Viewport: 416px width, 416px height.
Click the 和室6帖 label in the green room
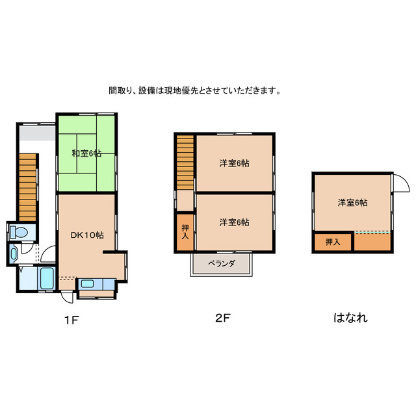pyautogui.click(x=86, y=153)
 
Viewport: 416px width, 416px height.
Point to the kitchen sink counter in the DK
pyautogui.click(x=96, y=283)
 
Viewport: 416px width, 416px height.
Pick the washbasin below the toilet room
pyautogui.click(x=14, y=254)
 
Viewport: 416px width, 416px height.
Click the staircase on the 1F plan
pyautogui.click(x=27, y=186)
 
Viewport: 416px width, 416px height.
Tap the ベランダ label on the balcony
pyautogui.click(x=221, y=264)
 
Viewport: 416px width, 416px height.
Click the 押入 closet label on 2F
pyautogui.click(x=185, y=232)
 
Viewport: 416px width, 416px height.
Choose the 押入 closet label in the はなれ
pyautogui.click(x=332, y=242)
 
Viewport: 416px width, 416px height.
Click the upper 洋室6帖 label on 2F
pyautogui.click(x=234, y=163)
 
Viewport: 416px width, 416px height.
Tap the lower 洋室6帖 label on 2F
pyautogui.click(x=234, y=222)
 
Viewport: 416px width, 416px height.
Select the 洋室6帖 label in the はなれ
pyautogui.click(x=352, y=203)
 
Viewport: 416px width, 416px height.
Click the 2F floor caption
pyautogui.click(x=223, y=318)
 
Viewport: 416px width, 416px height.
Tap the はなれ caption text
pyautogui.click(x=350, y=318)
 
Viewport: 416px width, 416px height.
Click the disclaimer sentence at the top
pyautogui.click(x=195, y=91)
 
